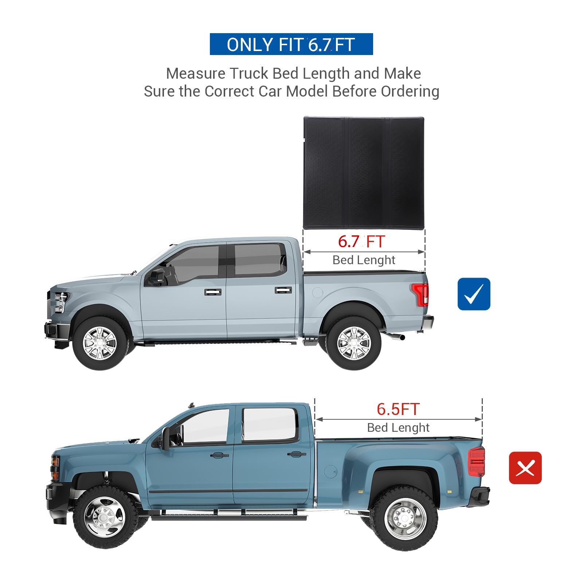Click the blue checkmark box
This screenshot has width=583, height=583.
(x=474, y=294)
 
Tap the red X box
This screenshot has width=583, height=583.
(x=525, y=468)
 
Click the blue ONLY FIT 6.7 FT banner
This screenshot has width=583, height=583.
(x=291, y=44)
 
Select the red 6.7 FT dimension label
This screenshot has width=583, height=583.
(x=361, y=242)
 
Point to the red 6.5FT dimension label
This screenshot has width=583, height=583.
(x=398, y=409)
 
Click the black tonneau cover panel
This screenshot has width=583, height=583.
(x=364, y=173)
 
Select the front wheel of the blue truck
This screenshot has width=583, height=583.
(x=105, y=517)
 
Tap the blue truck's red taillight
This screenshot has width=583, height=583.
(x=477, y=462)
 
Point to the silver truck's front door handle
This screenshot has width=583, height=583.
(x=213, y=292)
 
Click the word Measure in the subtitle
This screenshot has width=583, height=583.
(x=196, y=74)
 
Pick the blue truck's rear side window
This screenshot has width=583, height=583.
(x=270, y=424)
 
